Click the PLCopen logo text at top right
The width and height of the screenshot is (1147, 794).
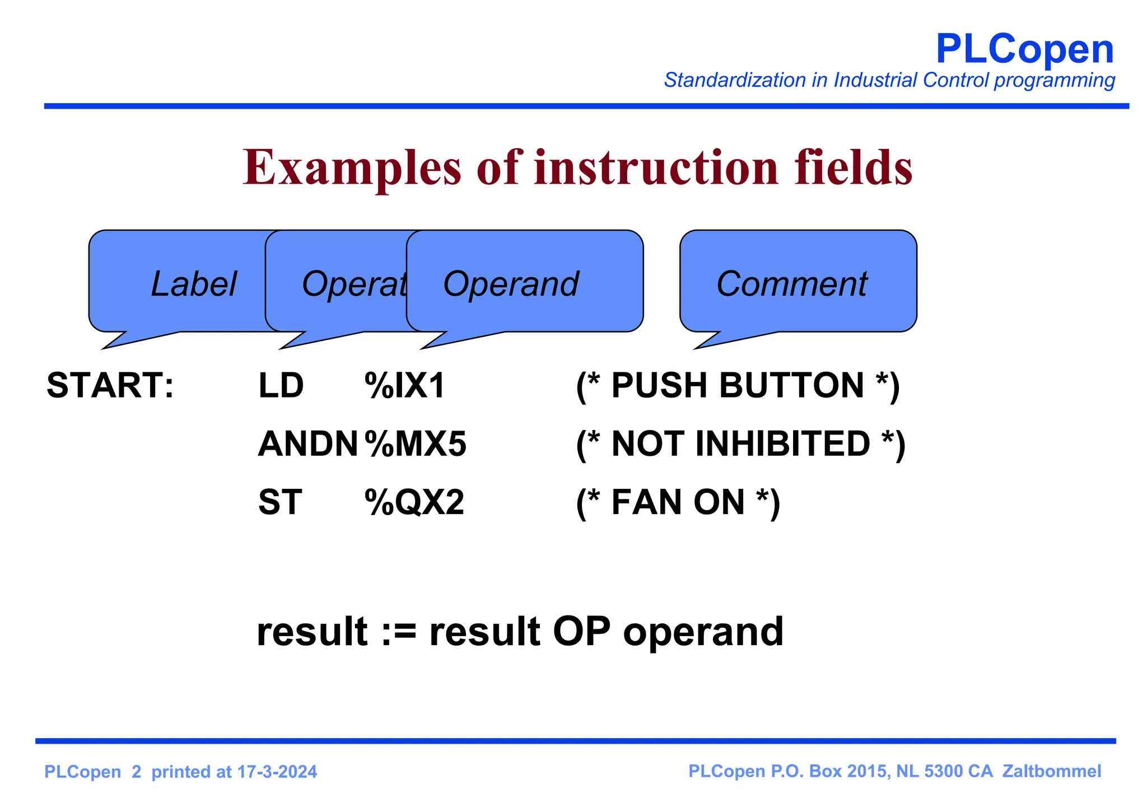(x=1024, y=49)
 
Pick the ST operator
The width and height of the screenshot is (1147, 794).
(x=280, y=502)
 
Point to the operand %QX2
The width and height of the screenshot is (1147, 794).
(x=414, y=502)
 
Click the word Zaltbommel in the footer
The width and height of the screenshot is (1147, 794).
(x=1051, y=771)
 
